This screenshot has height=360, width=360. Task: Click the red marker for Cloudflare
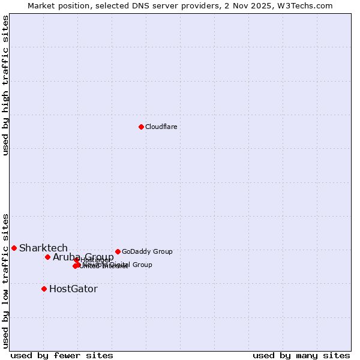coord(141,127)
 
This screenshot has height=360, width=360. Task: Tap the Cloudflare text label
coord(161,127)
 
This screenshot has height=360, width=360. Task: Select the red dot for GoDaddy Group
coord(118,251)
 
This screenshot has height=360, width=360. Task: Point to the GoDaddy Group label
coord(147,251)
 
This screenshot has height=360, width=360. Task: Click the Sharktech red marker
coord(14,248)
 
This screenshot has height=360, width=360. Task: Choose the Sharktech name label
coord(43,248)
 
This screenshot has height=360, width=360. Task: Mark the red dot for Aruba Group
coord(47,257)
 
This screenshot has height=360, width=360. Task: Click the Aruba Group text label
coord(83,257)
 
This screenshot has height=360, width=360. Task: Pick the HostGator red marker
coord(44,289)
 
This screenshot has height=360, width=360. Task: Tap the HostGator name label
coord(73,289)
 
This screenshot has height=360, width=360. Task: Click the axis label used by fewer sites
coord(61,355)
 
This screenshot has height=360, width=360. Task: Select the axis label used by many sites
coord(301,355)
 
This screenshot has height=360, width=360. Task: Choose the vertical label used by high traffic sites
coord(5,86)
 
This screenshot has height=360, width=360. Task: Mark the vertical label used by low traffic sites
coord(5,281)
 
